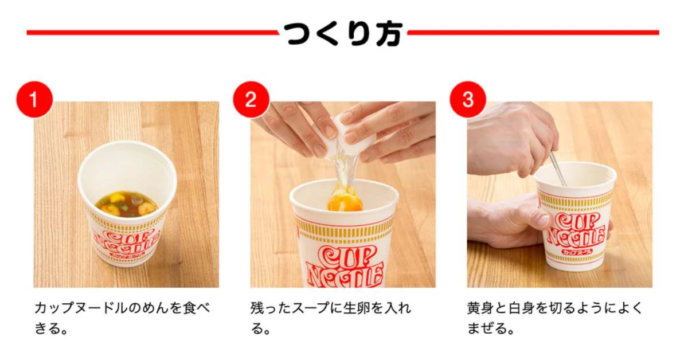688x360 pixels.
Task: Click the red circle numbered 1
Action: tap(34, 100)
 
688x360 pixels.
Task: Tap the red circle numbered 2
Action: tap(251, 100)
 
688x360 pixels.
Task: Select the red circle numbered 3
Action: tap(468, 100)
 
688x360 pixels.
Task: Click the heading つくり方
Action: tap(343, 34)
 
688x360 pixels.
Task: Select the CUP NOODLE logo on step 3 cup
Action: tap(576, 230)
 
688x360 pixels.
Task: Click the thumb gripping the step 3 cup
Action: tap(537, 217)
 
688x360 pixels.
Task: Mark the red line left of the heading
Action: tap(153, 32)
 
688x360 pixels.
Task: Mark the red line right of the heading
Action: tap(533, 32)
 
